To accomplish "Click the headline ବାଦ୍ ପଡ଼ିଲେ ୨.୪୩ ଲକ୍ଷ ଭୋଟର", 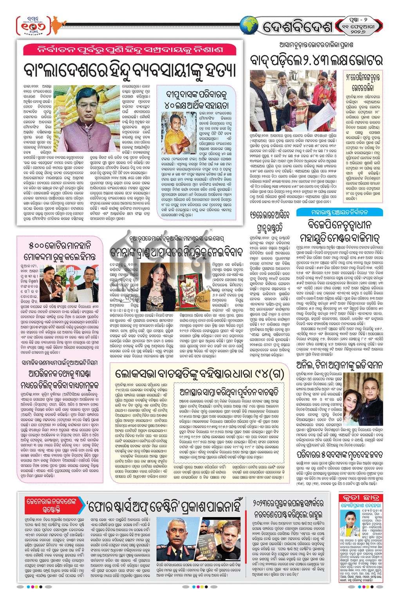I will (317, 60).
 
